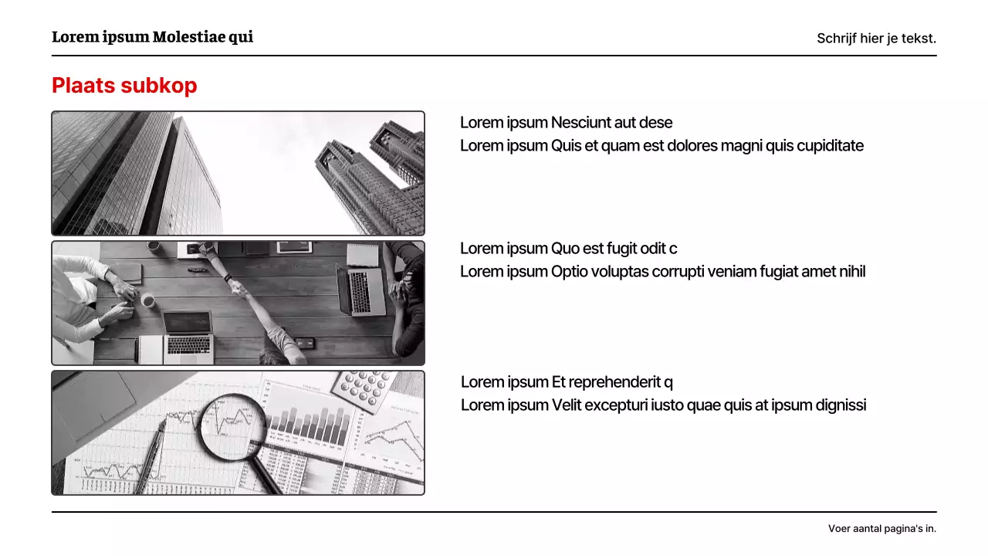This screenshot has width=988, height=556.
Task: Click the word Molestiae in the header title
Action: [x=188, y=37]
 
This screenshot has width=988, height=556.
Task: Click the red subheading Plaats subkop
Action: [x=124, y=86]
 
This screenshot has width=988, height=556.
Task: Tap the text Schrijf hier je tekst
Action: [x=876, y=39]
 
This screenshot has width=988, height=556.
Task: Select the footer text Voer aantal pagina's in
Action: [x=881, y=529]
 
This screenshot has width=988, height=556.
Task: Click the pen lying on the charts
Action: [x=151, y=456]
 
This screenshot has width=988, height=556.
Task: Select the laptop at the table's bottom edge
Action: [x=188, y=336]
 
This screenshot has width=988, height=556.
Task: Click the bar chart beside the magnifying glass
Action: [x=309, y=427]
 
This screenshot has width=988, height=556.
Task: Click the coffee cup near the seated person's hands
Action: [x=147, y=300]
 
